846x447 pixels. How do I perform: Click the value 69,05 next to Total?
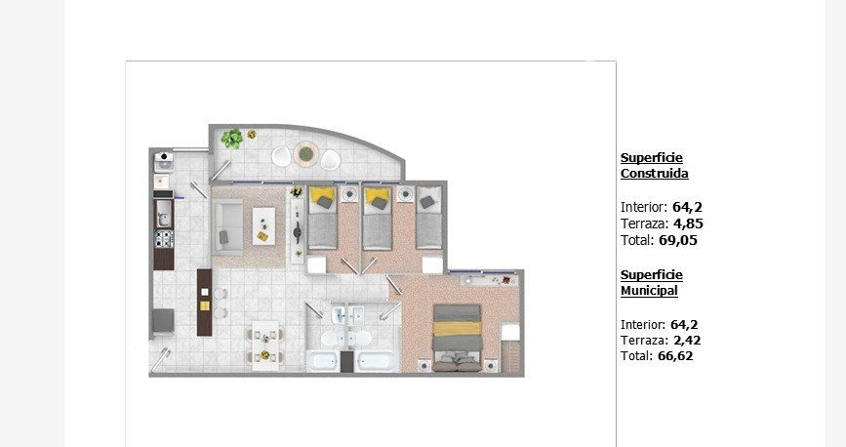click(678, 240)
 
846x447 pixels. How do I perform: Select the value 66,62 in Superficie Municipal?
click(675, 356)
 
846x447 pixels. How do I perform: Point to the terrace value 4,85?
click(688, 223)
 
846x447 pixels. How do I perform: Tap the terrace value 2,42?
click(686, 340)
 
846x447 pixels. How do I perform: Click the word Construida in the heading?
click(655, 174)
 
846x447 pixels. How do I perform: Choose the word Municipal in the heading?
click(649, 291)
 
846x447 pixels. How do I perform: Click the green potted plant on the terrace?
click(232, 139)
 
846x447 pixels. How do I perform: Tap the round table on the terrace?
click(306, 154)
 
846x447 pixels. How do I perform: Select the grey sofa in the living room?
click(227, 226)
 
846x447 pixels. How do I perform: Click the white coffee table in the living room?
click(263, 226)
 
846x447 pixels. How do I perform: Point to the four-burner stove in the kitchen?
click(164, 238)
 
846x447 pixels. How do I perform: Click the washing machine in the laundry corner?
click(164, 160)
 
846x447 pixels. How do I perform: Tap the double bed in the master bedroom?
click(457, 338)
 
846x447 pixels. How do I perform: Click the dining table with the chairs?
click(265, 345)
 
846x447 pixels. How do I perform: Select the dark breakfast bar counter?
click(205, 303)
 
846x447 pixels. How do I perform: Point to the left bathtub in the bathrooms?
click(323, 360)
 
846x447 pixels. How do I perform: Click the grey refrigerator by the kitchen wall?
click(163, 321)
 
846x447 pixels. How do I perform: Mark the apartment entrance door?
click(160, 360)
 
